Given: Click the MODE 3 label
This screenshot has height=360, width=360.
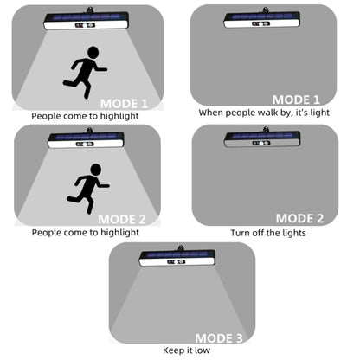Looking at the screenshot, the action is tap(219, 338).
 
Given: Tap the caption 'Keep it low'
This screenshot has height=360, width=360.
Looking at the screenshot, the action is tap(186, 350).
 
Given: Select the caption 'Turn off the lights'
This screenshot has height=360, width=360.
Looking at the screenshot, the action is tap(268, 233).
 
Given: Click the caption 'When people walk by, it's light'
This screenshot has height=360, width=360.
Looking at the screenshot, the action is tap(264, 112).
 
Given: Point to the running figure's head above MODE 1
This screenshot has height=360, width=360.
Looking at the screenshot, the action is tap(93, 53).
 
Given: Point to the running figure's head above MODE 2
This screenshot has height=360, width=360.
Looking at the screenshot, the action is tap(95, 170).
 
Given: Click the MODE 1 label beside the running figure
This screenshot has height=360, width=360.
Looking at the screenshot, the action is tap(124, 104).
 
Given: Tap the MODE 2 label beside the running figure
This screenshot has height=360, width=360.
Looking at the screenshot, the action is tap(122, 220).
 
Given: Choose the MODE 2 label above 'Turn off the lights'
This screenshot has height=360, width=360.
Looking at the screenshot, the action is tap(299, 218).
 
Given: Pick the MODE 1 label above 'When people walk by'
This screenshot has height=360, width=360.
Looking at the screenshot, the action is tap(296, 100).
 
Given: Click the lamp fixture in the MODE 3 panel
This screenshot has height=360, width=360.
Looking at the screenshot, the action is tap(177, 257).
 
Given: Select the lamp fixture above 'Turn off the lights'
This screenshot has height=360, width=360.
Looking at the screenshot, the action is tap(262, 138).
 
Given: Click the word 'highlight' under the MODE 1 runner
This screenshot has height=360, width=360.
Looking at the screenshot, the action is tap(119, 116).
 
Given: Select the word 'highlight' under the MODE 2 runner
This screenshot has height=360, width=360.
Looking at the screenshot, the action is tap(119, 233).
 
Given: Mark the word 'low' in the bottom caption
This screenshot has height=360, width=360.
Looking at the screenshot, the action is tap(202, 350).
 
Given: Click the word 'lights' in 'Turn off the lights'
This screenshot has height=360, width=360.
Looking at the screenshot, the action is tap(293, 233).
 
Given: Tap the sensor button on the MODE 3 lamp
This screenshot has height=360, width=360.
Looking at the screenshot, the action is tap(176, 262).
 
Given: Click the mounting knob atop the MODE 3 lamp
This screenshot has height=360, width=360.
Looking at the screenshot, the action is tap(181, 247).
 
